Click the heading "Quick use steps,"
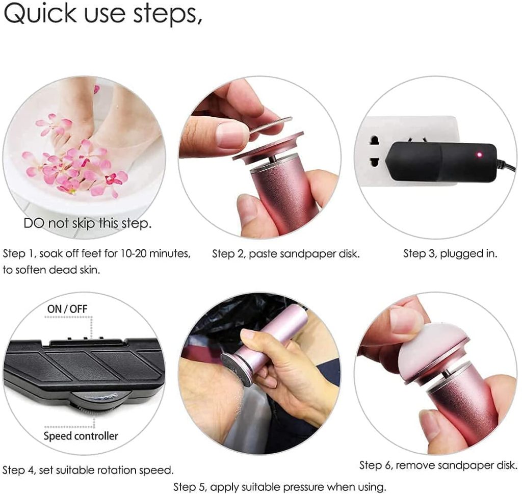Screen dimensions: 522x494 [x=103, y=14]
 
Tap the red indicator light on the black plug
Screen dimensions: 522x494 [x=479, y=154]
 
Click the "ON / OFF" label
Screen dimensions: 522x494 [x=67, y=309]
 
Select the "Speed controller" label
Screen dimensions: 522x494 [x=81, y=436]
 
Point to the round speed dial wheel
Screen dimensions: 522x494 [x=100, y=401]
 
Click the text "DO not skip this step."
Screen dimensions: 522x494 [x=88, y=223]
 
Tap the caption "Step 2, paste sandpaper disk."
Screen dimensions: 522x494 [x=286, y=254]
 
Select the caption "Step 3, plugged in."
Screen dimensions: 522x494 [x=450, y=254]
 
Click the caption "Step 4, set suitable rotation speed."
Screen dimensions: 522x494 [x=88, y=470]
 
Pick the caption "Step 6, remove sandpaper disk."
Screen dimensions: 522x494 [x=438, y=465]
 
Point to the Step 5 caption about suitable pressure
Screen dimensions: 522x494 [x=280, y=487]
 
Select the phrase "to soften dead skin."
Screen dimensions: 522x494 [x=51, y=270]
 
